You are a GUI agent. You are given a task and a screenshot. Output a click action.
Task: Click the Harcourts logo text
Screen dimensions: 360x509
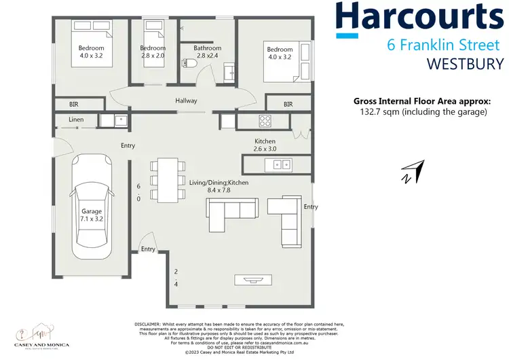(x=422, y=18)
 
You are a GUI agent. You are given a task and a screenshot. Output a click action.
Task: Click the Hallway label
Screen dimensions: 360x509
(x=186, y=101)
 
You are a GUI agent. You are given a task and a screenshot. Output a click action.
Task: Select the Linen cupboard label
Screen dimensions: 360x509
(x=77, y=120)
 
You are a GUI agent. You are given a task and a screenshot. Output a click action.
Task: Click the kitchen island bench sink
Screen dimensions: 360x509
(x=279, y=164)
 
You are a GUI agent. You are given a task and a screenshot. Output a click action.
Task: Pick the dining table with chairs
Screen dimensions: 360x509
(x=165, y=180)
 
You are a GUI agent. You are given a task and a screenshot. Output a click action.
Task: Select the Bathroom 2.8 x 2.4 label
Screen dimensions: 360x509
(x=207, y=52)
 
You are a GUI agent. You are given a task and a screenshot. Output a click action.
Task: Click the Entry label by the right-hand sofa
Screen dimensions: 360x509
(x=311, y=206)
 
